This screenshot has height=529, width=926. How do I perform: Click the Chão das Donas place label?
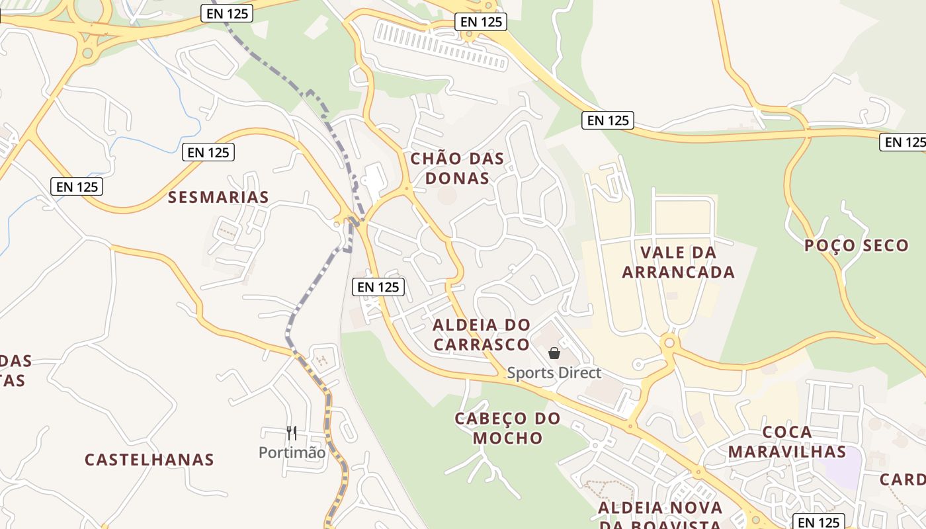pyautogui.click(x=457, y=168)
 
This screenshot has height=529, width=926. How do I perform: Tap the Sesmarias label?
pyautogui.click(x=218, y=197)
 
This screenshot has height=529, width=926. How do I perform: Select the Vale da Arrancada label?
pyautogui.click(x=679, y=262)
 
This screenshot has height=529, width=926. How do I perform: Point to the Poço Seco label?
pyautogui.click(x=857, y=245)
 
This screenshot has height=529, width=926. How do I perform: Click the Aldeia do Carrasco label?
pyautogui.click(x=482, y=335)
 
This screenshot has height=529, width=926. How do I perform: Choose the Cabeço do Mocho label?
pyautogui.click(x=507, y=428)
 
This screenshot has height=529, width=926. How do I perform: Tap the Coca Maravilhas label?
pyautogui.click(x=787, y=442)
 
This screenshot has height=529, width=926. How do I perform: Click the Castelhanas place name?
pyautogui.click(x=149, y=460)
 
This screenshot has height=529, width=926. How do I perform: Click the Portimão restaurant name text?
pyautogui.click(x=292, y=453)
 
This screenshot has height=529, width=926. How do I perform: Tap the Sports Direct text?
pyautogui.click(x=554, y=373)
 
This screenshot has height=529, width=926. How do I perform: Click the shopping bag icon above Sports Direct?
pyautogui.click(x=554, y=354)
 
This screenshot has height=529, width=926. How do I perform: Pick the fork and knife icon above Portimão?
pyautogui.click(x=292, y=433)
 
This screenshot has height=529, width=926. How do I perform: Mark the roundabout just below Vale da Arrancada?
pyautogui.click(x=669, y=343)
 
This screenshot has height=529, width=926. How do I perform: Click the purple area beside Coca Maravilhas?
pyautogui.click(x=844, y=467)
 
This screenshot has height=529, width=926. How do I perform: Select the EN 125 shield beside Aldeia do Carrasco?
pyautogui.click(x=378, y=286)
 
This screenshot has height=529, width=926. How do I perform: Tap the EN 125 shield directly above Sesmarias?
pyautogui.click(x=208, y=152)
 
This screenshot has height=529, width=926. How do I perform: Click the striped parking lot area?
pyautogui.click(x=441, y=44)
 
